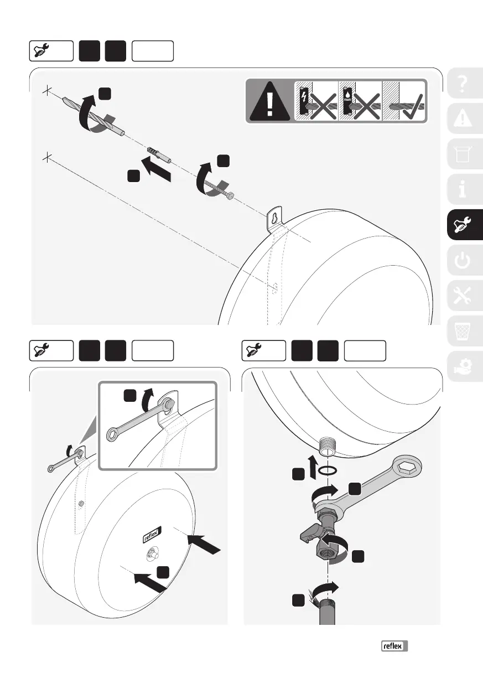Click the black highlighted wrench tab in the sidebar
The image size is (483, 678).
tap(464, 225)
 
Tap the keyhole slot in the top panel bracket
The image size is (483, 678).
tap(274, 217)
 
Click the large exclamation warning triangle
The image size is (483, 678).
tap(269, 102)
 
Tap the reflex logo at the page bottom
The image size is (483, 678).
tap(394, 645)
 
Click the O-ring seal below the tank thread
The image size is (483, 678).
tap(329, 470)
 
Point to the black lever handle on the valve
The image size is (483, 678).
tap(309, 533)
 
